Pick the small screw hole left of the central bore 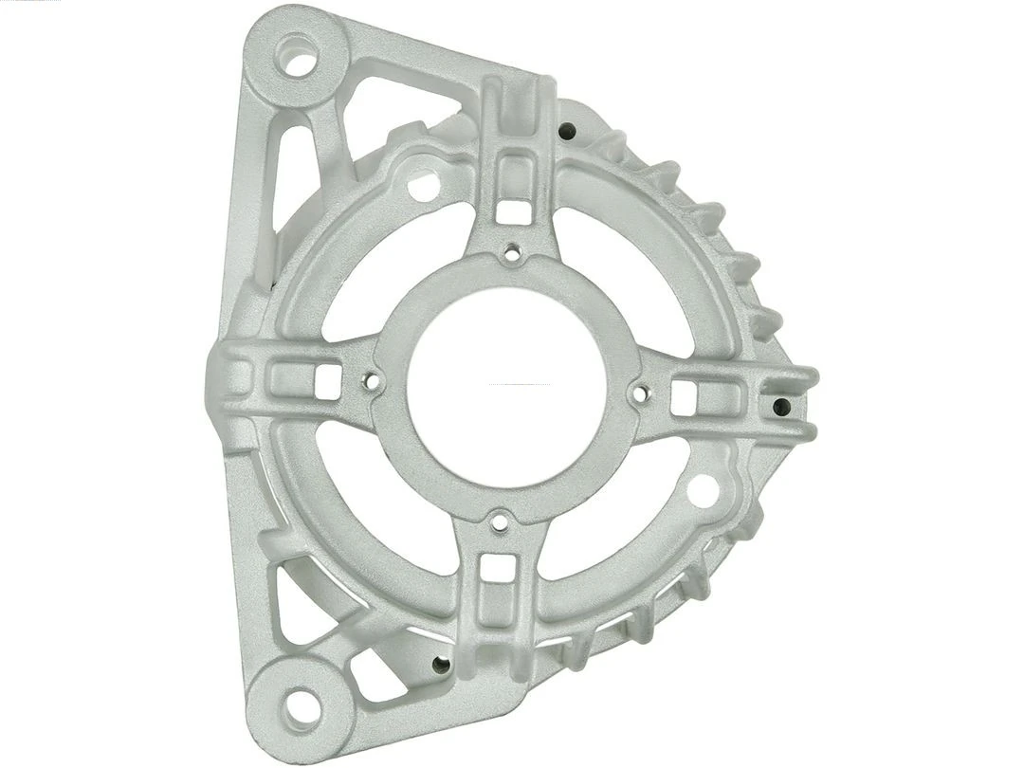(372, 384)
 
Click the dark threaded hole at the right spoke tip (781, 407)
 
